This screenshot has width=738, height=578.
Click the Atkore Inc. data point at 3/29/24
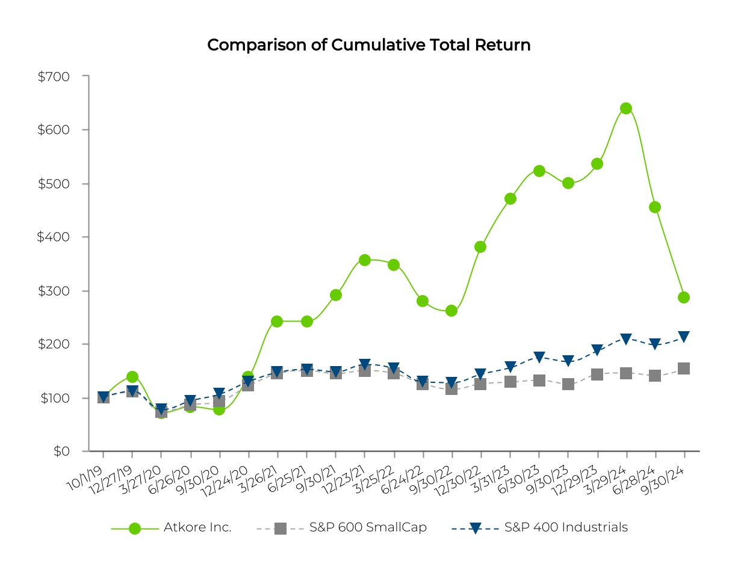click(x=626, y=108)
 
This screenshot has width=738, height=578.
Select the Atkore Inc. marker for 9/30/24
click(x=684, y=297)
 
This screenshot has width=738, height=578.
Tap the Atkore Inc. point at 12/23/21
click(x=364, y=260)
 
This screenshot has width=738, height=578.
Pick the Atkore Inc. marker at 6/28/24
click(x=655, y=207)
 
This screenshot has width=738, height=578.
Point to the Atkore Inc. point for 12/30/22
click(x=480, y=247)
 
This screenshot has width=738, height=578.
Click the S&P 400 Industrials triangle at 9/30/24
click(x=684, y=337)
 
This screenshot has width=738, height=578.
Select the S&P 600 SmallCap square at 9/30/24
click(x=684, y=368)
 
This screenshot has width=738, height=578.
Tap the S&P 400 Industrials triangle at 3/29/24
click(x=626, y=339)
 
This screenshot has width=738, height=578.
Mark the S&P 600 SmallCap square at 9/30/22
click(x=451, y=388)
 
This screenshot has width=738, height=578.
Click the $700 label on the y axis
click(x=54, y=76)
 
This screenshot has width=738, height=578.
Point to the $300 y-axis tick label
click(x=54, y=291)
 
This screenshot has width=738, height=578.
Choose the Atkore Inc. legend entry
click(x=197, y=527)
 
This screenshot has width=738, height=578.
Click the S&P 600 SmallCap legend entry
click(x=368, y=527)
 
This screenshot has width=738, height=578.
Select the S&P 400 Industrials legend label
click(x=566, y=527)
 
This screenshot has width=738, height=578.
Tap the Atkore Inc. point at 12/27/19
click(x=132, y=377)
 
